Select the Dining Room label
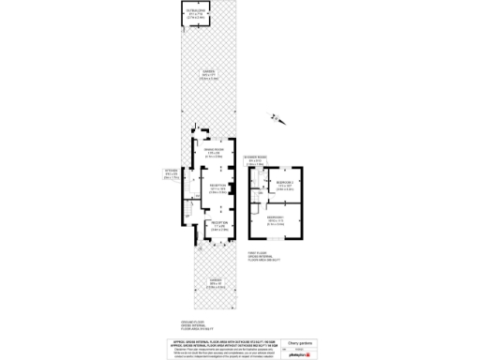(x=214, y=153)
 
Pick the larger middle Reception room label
(x=216, y=188)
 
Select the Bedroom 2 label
(x=286, y=184)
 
